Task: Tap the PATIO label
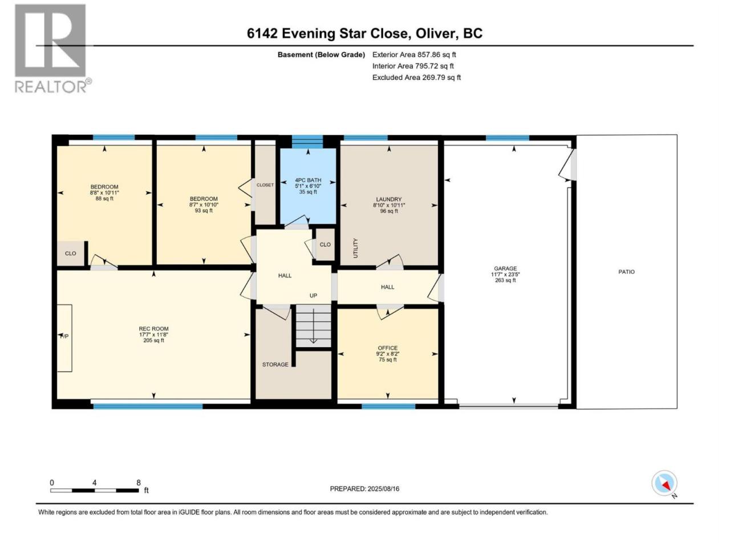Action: coord(626,272)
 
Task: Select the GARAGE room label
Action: coord(505,268)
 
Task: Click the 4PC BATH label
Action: coord(308,180)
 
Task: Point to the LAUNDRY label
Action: coord(389,199)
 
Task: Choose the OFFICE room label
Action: coord(387,348)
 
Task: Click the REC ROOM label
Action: coord(153,329)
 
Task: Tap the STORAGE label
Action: coord(275,365)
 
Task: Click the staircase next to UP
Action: coord(313,327)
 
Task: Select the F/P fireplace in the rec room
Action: coord(64,338)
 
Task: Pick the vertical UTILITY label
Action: coord(355,248)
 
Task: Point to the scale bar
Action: coord(95,491)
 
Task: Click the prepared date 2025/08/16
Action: coord(383,489)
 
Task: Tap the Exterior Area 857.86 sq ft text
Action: coord(414,55)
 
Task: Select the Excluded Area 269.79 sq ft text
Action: coord(416,78)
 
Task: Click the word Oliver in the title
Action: coord(435,34)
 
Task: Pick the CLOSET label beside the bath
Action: coord(265,185)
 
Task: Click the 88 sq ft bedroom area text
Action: coord(104,199)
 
